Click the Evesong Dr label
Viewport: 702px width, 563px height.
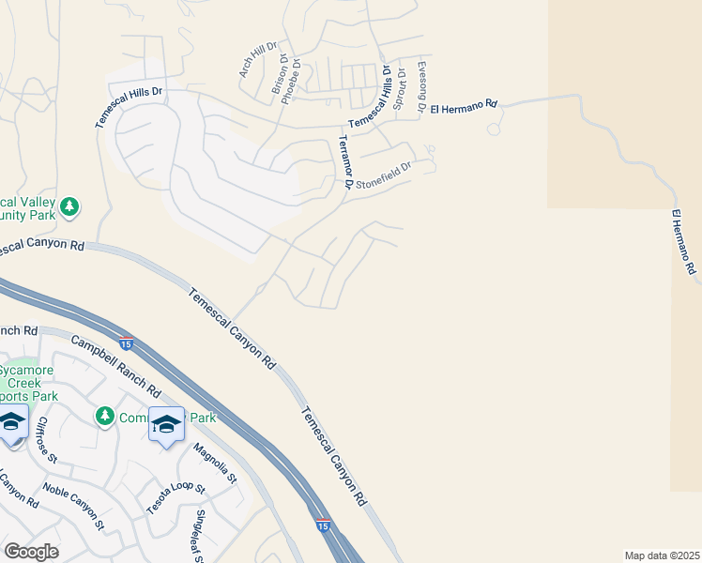click(x=421, y=85)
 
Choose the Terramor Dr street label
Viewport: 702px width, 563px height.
click(x=343, y=165)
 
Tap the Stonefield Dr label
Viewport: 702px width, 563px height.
click(x=382, y=175)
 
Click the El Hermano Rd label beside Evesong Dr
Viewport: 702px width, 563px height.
click(x=463, y=106)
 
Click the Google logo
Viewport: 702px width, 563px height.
click(x=31, y=552)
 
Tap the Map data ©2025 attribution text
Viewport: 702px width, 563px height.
click(x=662, y=555)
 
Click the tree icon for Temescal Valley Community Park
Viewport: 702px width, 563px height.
click(x=69, y=206)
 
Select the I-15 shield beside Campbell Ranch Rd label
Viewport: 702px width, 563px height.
click(x=126, y=342)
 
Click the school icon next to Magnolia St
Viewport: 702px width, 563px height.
click(x=166, y=425)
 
